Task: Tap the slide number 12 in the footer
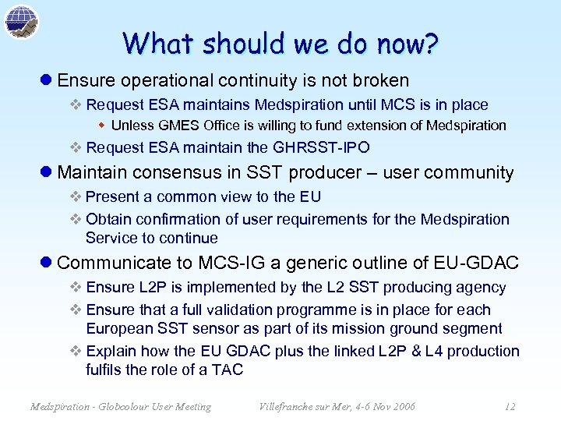pos(510,406)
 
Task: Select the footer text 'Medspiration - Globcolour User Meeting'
pos(120,406)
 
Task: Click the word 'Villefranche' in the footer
pos(285,406)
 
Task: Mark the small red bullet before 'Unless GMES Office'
pos(104,126)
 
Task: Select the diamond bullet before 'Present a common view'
pos(76,197)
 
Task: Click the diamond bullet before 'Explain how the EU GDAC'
pos(76,352)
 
